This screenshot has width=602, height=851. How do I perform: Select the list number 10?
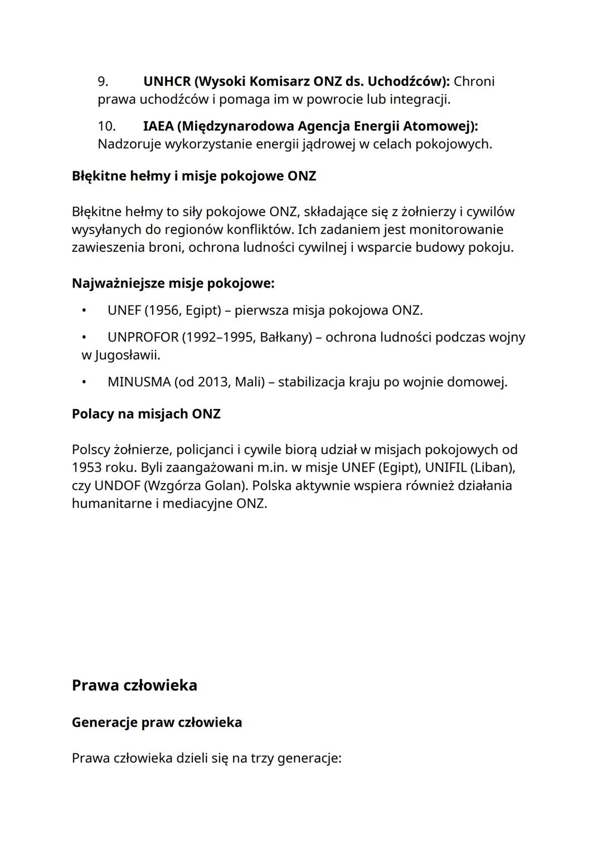(x=106, y=126)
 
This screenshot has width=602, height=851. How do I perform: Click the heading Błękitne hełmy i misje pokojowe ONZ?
(x=194, y=176)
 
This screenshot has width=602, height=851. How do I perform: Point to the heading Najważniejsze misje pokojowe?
(x=173, y=283)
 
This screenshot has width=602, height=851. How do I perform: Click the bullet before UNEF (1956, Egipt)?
(x=84, y=310)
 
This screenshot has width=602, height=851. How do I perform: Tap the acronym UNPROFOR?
(x=143, y=337)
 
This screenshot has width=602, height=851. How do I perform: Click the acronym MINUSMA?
(x=139, y=382)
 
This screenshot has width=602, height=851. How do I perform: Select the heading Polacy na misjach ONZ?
(x=146, y=414)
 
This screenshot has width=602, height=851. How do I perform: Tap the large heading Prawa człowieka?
(x=134, y=685)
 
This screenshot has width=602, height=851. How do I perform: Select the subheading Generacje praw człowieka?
(x=157, y=722)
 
